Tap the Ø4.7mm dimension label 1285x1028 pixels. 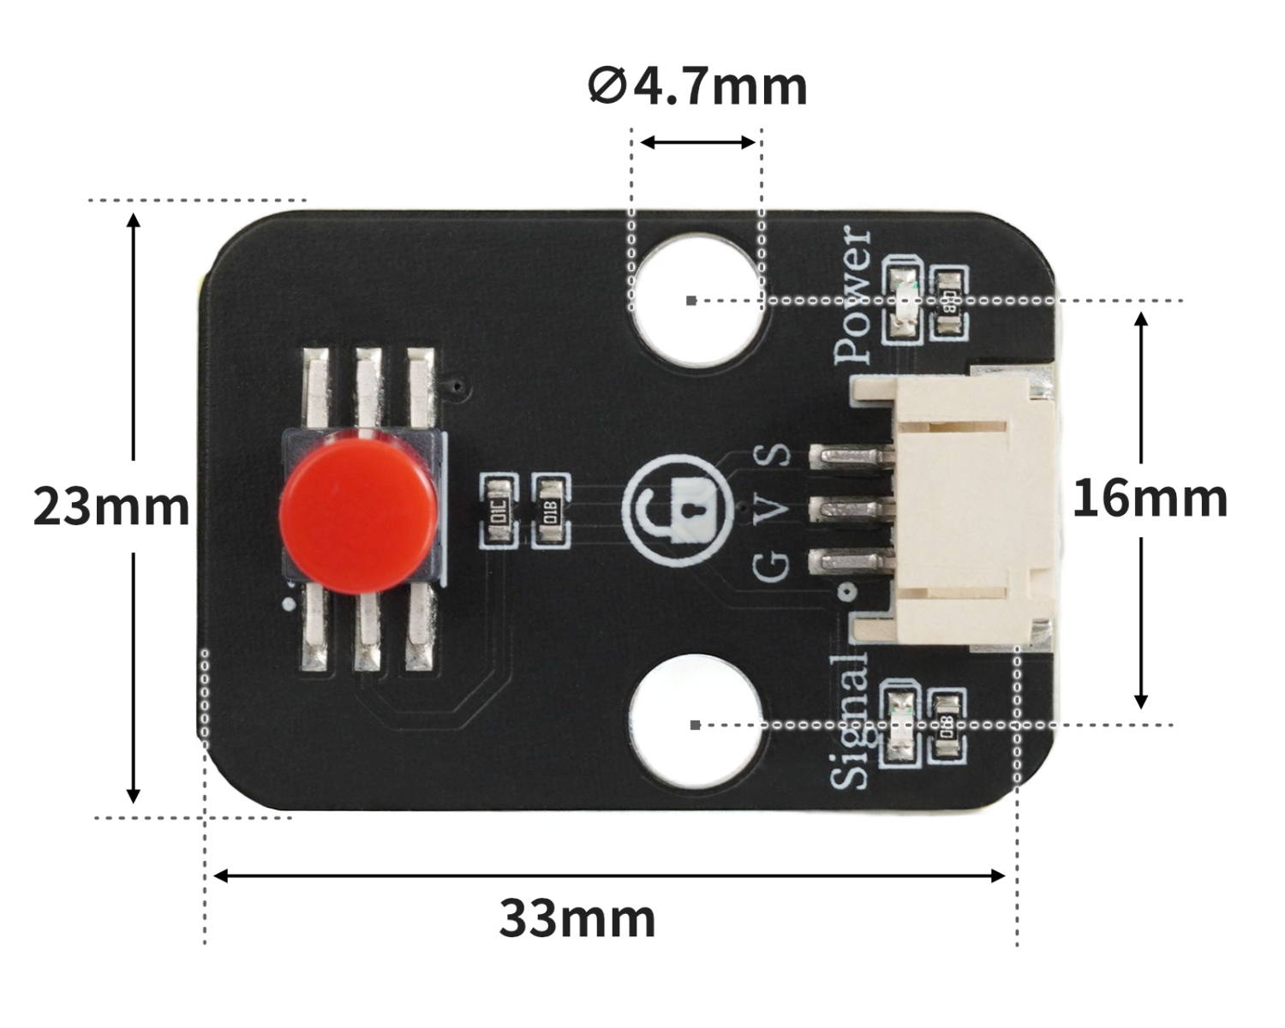[697, 86]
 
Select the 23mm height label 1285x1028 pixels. [111, 506]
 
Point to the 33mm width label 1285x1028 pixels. [577, 919]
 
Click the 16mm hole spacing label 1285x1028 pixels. [1150, 499]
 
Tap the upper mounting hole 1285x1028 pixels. [696, 299]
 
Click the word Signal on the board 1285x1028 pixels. [851, 721]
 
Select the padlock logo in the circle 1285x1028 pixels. [678, 511]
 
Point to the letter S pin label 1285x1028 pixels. [777, 455]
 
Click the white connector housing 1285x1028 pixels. [972, 511]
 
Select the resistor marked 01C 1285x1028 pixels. [499, 511]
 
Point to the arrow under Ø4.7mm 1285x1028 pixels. [697, 142]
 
